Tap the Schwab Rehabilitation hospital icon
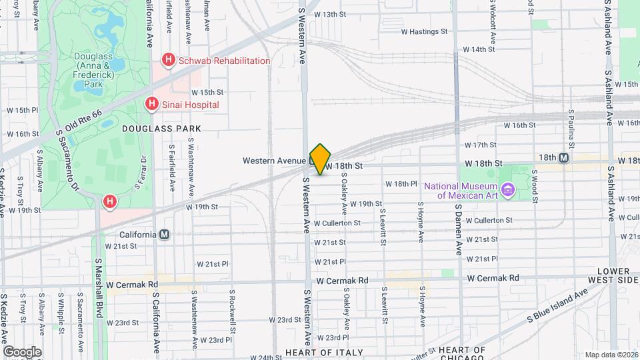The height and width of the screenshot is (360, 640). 169,61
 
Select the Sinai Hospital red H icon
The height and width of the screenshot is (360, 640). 152,104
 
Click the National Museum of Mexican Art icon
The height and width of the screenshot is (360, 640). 508,190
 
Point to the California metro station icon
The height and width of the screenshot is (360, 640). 164,235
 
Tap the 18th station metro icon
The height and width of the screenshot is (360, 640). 564,158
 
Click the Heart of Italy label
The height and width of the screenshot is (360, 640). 324,352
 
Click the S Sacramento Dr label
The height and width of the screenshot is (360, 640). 69,161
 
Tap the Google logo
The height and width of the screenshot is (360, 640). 22,351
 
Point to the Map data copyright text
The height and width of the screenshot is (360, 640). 610,355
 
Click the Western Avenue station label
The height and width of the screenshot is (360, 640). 274,161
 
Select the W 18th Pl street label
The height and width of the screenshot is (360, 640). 401,184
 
